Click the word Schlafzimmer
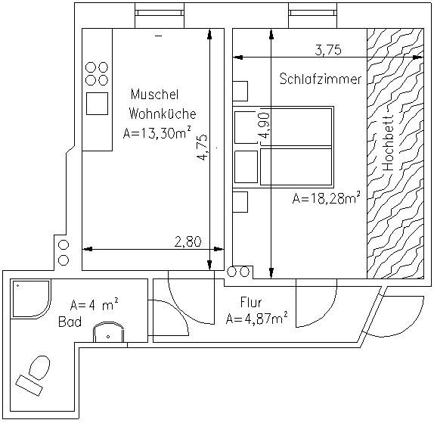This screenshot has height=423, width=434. click(321, 79)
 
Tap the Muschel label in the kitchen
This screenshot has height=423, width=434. click(154, 94)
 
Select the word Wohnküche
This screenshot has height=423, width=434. click(163, 114)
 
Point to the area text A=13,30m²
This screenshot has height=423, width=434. click(157, 132)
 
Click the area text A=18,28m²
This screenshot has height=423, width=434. click(327, 198)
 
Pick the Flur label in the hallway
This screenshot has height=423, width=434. click(251, 302)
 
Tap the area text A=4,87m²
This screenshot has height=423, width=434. click(256, 319)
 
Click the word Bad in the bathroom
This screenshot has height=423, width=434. click(70, 322)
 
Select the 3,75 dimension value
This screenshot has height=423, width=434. click(328, 50)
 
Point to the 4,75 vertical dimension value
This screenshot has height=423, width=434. click(203, 148)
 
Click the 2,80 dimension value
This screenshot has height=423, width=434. click(188, 242)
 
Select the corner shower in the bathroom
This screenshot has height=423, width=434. click(30, 299)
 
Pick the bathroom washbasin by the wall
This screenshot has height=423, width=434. click(108, 332)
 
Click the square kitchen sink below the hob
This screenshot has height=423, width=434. click(97, 104)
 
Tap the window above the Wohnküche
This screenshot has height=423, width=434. click(160, 13)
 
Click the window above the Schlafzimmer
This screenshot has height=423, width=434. click(313, 13)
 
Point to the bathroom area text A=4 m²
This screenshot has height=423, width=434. click(95, 304)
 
